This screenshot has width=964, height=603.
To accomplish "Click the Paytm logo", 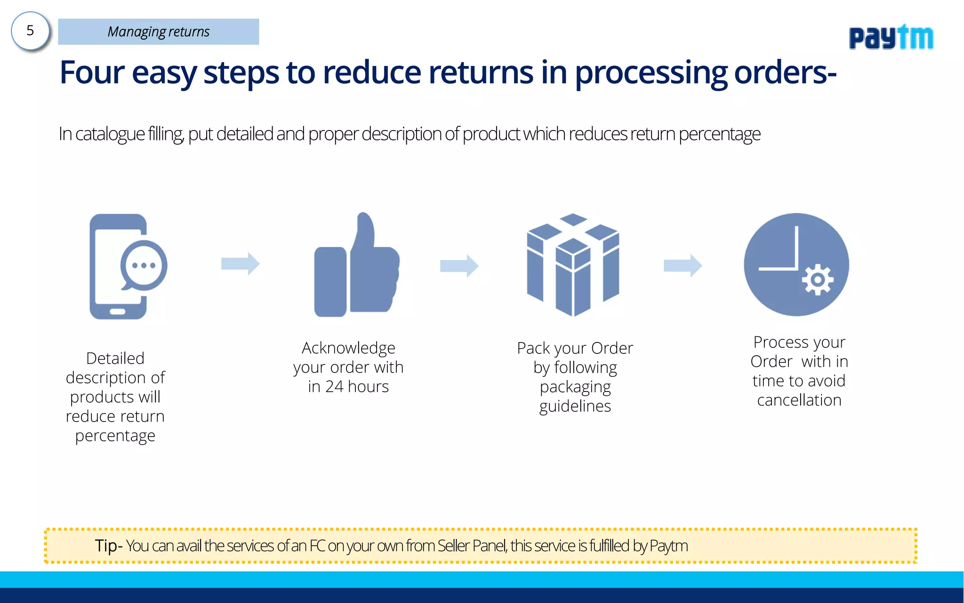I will [x=891, y=37].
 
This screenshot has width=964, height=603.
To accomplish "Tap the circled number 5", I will [x=30, y=31].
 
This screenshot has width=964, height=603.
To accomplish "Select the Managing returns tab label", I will [x=158, y=32].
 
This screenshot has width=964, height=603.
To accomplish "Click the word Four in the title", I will [x=92, y=73].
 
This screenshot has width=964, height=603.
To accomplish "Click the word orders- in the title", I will [x=785, y=73].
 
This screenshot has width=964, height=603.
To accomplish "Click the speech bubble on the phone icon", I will [x=144, y=265].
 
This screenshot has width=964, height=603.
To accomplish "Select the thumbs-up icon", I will [x=356, y=266].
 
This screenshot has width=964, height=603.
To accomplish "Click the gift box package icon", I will [x=573, y=265].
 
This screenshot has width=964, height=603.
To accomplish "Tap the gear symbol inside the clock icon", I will [x=818, y=280].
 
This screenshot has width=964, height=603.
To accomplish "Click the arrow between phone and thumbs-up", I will [x=240, y=264].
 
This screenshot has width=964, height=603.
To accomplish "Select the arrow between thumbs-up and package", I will [x=459, y=266].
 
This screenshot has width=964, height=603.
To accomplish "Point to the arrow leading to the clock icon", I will [x=683, y=266].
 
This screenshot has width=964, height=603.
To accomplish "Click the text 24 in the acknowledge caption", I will [x=334, y=387].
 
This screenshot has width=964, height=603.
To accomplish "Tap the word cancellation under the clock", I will [x=799, y=400].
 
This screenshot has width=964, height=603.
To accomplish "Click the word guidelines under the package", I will [x=575, y=406].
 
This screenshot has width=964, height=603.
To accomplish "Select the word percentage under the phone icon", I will [x=115, y=436].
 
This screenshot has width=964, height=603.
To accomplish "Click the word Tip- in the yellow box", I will [x=108, y=546].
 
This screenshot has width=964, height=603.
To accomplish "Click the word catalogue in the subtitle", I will [x=110, y=134].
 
